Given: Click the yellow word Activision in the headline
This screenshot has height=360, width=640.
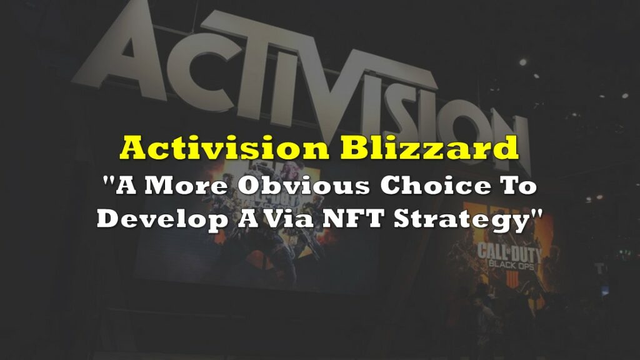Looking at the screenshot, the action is click(x=224, y=148).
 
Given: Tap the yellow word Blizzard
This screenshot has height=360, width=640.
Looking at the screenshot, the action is click(x=429, y=148).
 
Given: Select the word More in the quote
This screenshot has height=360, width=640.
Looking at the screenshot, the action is click(x=186, y=186).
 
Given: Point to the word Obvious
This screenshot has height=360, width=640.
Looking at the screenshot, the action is click(x=304, y=186).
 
